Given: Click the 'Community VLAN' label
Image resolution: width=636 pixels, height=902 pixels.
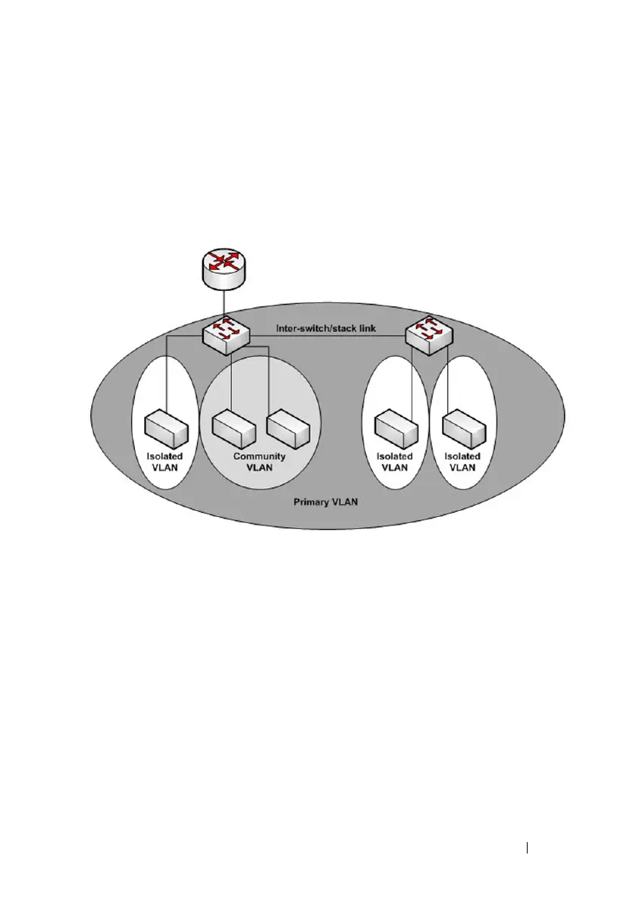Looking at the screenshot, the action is [259, 462].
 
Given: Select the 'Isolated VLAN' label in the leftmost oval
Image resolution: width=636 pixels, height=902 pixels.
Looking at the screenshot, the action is [164, 462].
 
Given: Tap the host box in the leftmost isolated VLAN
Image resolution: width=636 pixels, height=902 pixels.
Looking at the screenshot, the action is [167, 429].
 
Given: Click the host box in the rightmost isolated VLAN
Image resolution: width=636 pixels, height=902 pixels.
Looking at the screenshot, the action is [462, 429].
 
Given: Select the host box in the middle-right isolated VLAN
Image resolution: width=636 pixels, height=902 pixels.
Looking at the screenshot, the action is [395, 429].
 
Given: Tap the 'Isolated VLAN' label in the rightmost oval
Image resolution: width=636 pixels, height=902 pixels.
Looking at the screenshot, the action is [462, 462].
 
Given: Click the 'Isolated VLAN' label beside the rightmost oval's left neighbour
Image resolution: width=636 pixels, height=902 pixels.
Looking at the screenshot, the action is [395, 462].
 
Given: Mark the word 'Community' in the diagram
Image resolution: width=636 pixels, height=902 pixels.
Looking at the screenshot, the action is [259, 456].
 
